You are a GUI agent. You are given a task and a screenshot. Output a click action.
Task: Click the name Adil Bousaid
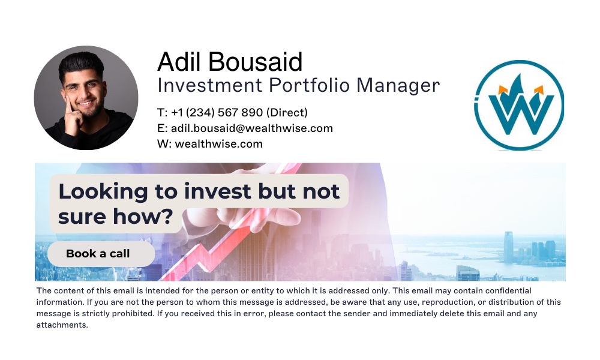pos(230,62)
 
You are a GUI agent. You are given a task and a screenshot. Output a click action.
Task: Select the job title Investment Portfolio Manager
pos(298,85)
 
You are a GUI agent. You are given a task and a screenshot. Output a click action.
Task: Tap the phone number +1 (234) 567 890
pos(217,113)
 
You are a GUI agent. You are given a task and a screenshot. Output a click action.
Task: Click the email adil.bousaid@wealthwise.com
pos(251,128)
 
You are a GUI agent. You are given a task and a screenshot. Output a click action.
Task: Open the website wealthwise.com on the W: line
pos(218,144)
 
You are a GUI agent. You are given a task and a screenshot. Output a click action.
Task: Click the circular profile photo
pos(86,97)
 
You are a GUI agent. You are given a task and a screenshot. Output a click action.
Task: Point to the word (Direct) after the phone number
pos(287,113)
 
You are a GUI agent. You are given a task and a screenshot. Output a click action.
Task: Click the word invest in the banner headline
pos(218,192)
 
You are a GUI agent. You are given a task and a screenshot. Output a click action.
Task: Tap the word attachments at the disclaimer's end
pos(62,325)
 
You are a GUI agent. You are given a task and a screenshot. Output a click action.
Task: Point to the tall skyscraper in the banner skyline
pos(508,246)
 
